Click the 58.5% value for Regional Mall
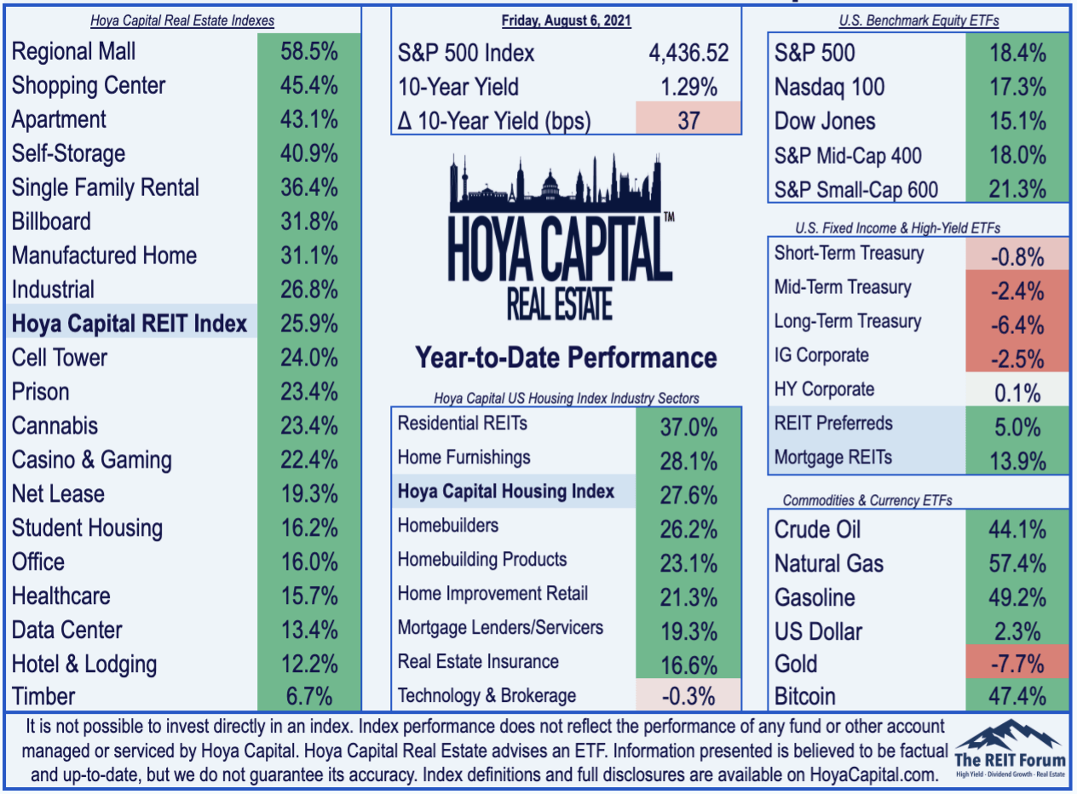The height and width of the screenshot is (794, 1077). pyautogui.click(x=309, y=51)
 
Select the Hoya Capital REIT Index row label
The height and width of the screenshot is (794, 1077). pyautogui.click(x=129, y=324)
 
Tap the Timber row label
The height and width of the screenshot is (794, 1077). pyautogui.click(x=43, y=696)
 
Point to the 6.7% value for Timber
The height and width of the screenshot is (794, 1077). pyautogui.click(x=309, y=696)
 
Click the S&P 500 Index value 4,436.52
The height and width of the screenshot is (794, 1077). pyautogui.click(x=688, y=53)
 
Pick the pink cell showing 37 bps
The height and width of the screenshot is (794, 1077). pyautogui.click(x=688, y=118)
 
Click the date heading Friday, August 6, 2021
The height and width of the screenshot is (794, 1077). pyautogui.click(x=567, y=20)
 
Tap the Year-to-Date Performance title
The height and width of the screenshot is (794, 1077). pyautogui.click(x=566, y=358)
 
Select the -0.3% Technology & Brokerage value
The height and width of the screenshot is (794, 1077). pyautogui.click(x=688, y=696)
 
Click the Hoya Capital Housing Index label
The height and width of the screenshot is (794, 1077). pyautogui.click(x=506, y=492)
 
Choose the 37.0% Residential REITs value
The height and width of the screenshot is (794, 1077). pyautogui.click(x=688, y=427)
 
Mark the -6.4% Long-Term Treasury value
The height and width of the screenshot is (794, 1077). pyautogui.click(x=1017, y=325)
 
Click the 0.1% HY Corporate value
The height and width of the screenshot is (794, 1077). pyautogui.click(x=1017, y=393)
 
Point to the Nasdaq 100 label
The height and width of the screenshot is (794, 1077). pyautogui.click(x=829, y=87)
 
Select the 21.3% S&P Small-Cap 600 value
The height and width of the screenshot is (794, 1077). pyautogui.click(x=1017, y=189)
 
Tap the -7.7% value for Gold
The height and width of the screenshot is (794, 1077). pyautogui.click(x=1017, y=664)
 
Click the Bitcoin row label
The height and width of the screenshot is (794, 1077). pyautogui.click(x=805, y=696)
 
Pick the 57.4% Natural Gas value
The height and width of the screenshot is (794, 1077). pyautogui.click(x=1017, y=563)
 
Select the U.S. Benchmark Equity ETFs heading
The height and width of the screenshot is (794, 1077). pyautogui.click(x=919, y=20)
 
